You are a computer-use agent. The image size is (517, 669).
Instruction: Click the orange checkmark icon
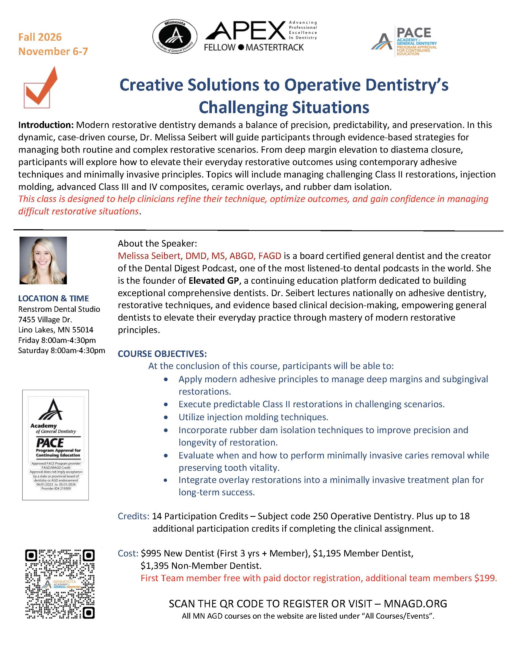tap(41, 87)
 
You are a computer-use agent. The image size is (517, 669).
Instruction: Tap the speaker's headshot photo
tap(43, 260)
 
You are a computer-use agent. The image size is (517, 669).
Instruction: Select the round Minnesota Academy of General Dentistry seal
tap(175, 37)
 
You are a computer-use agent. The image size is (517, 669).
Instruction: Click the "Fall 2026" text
tap(40, 37)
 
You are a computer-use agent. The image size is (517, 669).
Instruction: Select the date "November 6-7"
tap(53, 51)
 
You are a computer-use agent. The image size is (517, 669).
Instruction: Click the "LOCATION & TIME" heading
tap(53, 298)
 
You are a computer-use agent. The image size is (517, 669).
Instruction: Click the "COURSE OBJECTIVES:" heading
tap(162, 354)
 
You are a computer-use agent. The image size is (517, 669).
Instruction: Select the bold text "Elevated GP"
tap(214, 281)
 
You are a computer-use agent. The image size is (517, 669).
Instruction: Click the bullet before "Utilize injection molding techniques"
tap(166, 417)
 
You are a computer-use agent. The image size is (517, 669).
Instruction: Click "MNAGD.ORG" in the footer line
tap(415, 604)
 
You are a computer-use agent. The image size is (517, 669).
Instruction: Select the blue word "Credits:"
tap(133, 516)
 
